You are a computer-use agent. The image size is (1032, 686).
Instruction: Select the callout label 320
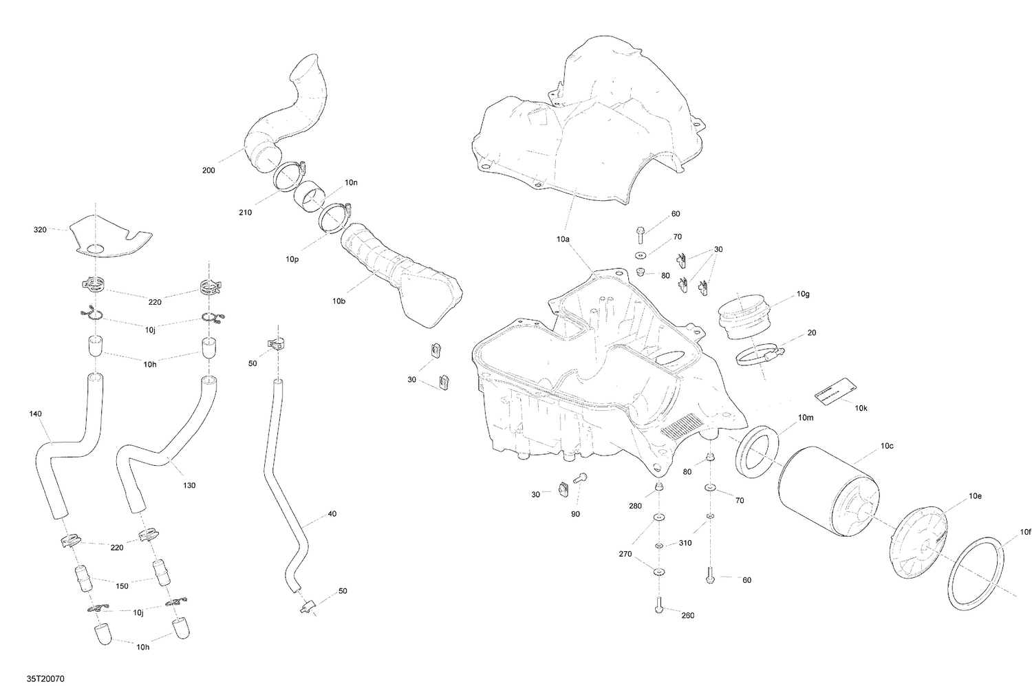click(x=40, y=229)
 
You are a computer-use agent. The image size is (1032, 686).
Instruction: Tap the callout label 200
click(x=208, y=170)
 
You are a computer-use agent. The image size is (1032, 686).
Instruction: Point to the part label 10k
click(x=861, y=408)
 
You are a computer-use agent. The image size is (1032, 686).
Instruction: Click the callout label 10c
click(x=887, y=446)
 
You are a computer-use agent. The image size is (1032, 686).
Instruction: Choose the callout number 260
click(x=687, y=615)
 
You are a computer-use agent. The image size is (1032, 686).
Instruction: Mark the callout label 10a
click(x=563, y=239)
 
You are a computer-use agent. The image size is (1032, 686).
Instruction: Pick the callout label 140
click(x=36, y=414)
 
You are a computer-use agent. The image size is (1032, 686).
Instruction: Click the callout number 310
click(x=685, y=543)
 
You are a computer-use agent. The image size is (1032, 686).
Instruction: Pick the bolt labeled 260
click(x=659, y=605)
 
